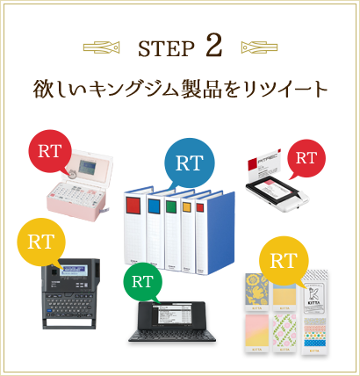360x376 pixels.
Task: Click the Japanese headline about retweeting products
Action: click(180, 90)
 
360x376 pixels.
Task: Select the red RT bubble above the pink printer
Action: click(51, 150)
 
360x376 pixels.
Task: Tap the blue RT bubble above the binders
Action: click(189, 163)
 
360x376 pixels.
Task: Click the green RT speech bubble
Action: click(142, 284)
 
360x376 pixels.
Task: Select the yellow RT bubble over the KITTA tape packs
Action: click(283, 260)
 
